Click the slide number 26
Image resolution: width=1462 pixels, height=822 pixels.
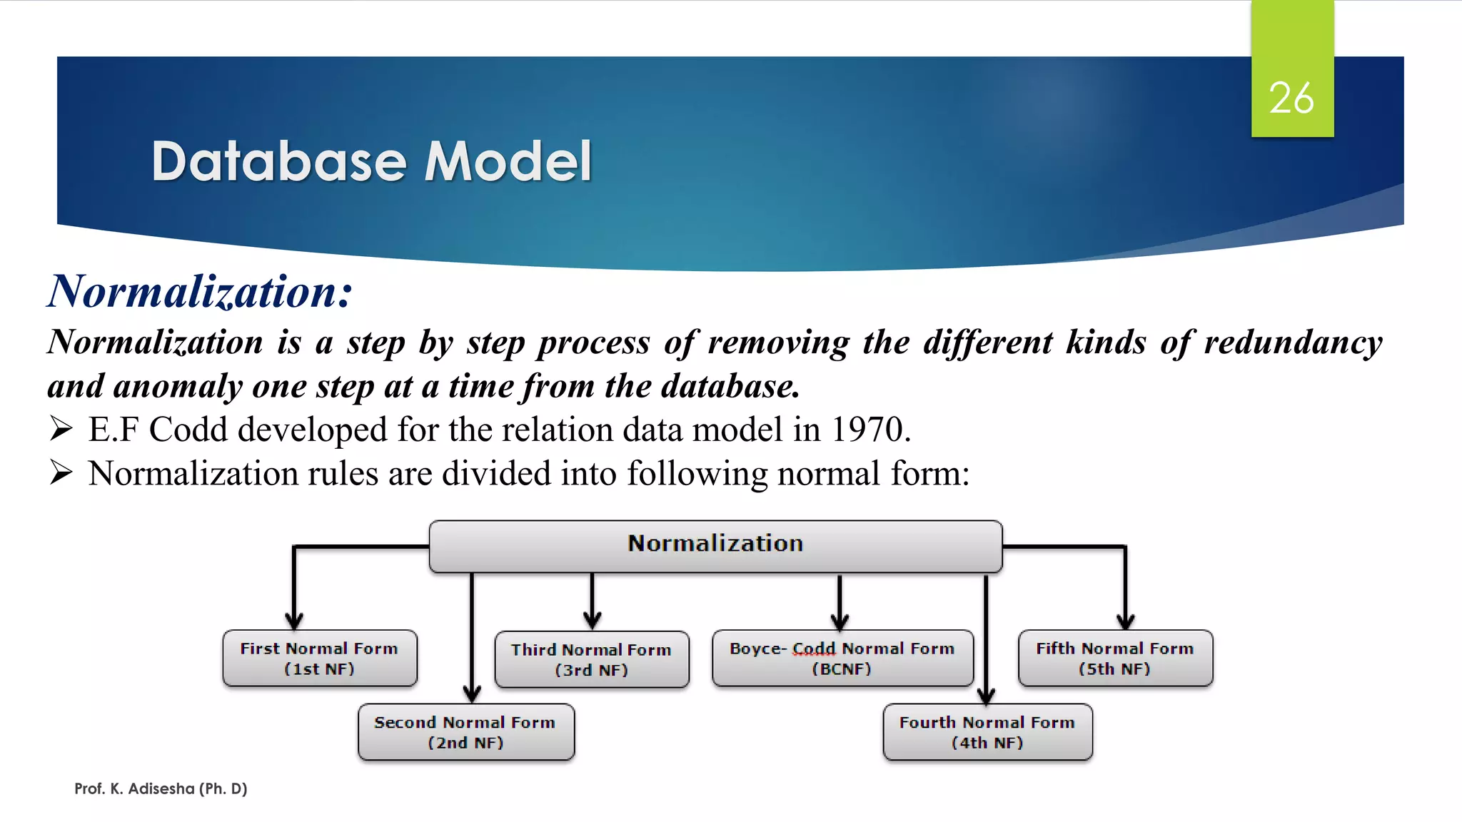pos(1291,98)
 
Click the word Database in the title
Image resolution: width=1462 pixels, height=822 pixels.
pos(278,161)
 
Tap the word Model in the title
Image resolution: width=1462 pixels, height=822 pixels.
pos(508,161)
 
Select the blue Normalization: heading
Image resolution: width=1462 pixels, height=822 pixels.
pos(200,292)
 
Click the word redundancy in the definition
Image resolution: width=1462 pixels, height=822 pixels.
pos(1293,342)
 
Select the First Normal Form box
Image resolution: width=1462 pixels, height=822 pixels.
pos(319,658)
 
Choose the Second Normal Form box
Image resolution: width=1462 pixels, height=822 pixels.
pos(465,732)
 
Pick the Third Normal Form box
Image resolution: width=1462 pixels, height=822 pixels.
pos(591,659)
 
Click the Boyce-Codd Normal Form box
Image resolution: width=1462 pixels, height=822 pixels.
pos(842,658)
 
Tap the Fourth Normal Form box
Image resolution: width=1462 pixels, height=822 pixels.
pos(987,732)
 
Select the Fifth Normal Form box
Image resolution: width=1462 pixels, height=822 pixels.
pos(1114,658)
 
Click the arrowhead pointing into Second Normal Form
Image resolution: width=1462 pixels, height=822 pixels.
pos(472,693)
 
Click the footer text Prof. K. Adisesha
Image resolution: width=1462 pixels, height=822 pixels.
pos(161,788)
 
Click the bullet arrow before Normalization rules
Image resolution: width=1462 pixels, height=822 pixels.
pos(61,472)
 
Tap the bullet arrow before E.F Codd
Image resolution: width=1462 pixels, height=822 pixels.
pos(61,429)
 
